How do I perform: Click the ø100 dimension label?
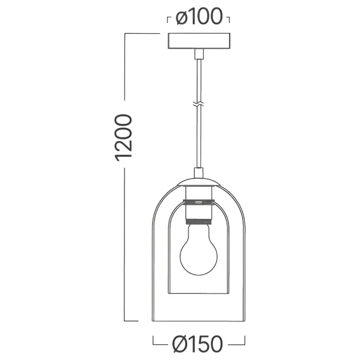[199, 16]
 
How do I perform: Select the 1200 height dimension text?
[123, 138]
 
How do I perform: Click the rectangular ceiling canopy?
[199, 41]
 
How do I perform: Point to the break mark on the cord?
[199, 104]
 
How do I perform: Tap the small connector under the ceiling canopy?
[199, 54]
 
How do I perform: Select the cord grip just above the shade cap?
[199, 173]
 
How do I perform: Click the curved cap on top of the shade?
[199, 182]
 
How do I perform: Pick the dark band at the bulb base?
[199, 222]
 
